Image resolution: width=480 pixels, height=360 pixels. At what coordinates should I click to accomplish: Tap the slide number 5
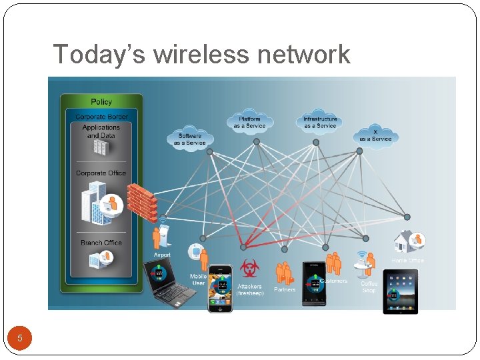pyautogui.click(x=20, y=338)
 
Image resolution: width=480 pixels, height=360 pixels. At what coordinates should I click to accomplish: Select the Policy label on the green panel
pyautogui.click(x=101, y=101)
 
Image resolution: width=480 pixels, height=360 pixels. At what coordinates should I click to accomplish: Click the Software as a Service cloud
pyautogui.click(x=190, y=139)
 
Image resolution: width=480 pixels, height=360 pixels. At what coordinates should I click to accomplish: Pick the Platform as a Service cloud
pyautogui.click(x=249, y=123)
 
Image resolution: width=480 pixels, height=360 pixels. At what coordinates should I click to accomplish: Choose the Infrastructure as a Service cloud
pyautogui.click(x=320, y=123)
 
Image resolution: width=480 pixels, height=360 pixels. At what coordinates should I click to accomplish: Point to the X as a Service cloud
pyautogui.click(x=375, y=135)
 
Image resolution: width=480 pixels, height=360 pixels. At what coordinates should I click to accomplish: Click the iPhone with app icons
pyautogui.click(x=220, y=288)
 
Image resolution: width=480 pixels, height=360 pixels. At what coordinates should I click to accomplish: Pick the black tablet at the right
pyautogui.click(x=400, y=291)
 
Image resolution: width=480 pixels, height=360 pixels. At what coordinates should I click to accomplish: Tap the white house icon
pyautogui.click(x=404, y=241)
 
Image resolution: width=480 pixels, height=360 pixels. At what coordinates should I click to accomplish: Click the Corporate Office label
pyautogui.click(x=101, y=173)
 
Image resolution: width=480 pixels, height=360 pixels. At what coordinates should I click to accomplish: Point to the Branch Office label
pyautogui.click(x=101, y=243)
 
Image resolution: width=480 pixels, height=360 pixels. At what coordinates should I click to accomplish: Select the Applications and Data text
pyautogui.click(x=101, y=131)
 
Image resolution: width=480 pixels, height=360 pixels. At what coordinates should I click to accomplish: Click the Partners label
pyautogui.click(x=285, y=289)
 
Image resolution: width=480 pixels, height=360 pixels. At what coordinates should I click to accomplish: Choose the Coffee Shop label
pyautogui.click(x=369, y=287)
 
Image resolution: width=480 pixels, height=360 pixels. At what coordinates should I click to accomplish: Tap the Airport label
pyautogui.click(x=162, y=255)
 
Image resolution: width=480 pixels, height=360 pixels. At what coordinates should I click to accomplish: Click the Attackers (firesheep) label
pyautogui.click(x=250, y=289)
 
